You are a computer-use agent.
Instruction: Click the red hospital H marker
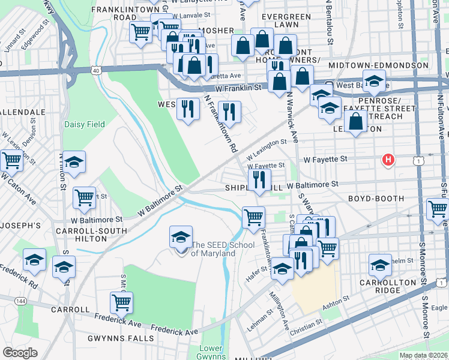(x=389, y=160)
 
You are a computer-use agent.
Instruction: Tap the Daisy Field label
(x=84, y=125)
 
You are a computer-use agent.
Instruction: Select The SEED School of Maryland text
(x=212, y=249)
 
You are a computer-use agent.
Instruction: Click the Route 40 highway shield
(x=96, y=70)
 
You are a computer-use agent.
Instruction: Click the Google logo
(x=20, y=353)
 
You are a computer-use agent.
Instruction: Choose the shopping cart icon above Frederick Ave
(x=122, y=303)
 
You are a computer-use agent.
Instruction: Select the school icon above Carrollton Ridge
(x=381, y=265)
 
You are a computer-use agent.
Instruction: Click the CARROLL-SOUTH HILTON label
(x=91, y=235)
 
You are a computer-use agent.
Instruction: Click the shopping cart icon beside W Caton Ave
(x=11, y=161)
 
